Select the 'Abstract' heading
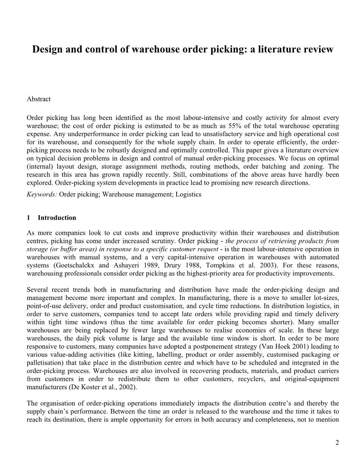(39, 99)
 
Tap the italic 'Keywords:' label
(42, 194)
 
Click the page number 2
(337, 443)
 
